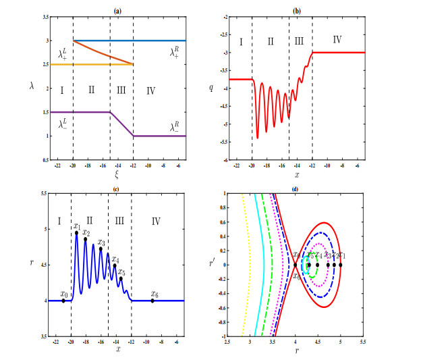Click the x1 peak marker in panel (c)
[x=76, y=233]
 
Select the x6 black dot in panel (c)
[x=152, y=301]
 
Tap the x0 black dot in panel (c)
[x=63, y=301]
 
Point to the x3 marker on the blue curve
[x=101, y=249]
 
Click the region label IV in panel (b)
[x=337, y=42]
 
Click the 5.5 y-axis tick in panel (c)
[x=42, y=194]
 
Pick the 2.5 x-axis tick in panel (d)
[x=227, y=343]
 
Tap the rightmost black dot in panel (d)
[x=341, y=265]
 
